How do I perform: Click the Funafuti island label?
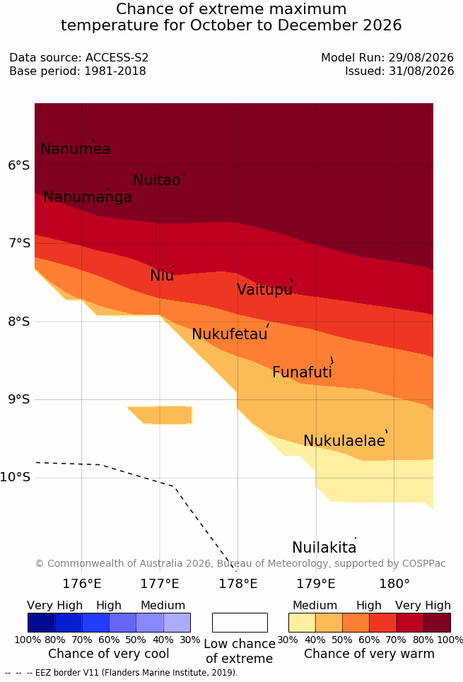coord(302,372)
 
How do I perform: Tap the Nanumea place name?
coord(75,148)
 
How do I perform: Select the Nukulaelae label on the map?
coord(344,440)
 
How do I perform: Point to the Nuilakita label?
coord(324,547)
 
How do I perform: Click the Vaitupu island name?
coord(264,289)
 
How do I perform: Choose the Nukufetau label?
coord(229,334)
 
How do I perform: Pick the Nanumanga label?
coord(88,197)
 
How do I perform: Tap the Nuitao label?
coord(157,180)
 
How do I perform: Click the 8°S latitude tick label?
coord(18,322)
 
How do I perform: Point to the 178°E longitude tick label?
coord(238,583)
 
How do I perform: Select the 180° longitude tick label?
coord(394,583)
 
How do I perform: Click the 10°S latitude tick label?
coord(16,477)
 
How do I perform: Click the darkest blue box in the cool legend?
coord(41,623)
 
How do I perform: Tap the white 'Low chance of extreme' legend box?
coord(240,623)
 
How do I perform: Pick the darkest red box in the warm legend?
coord(437,623)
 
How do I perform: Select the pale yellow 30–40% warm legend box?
coord(302,623)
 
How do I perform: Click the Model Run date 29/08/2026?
coord(421,57)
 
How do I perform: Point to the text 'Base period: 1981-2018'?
coord(78,71)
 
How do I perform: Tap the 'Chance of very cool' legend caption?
coord(109,654)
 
